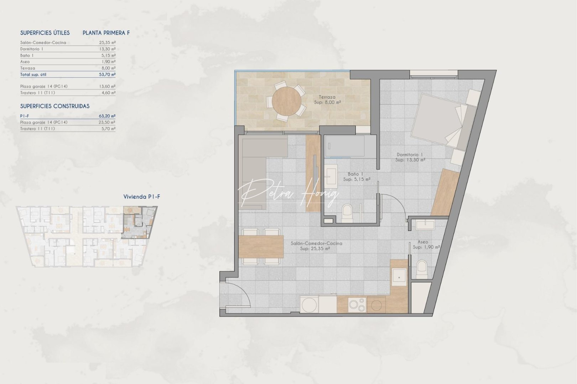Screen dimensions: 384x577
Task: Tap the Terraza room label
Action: tap(327, 100)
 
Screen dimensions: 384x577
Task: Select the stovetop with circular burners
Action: tap(357, 305)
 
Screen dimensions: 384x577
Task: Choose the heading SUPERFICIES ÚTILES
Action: tap(45, 33)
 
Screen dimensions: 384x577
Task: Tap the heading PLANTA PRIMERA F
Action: tap(106, 33)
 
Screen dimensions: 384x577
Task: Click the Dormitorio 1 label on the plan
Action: tap(410, 157)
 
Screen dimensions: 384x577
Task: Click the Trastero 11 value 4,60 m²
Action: tap(108, 93)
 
